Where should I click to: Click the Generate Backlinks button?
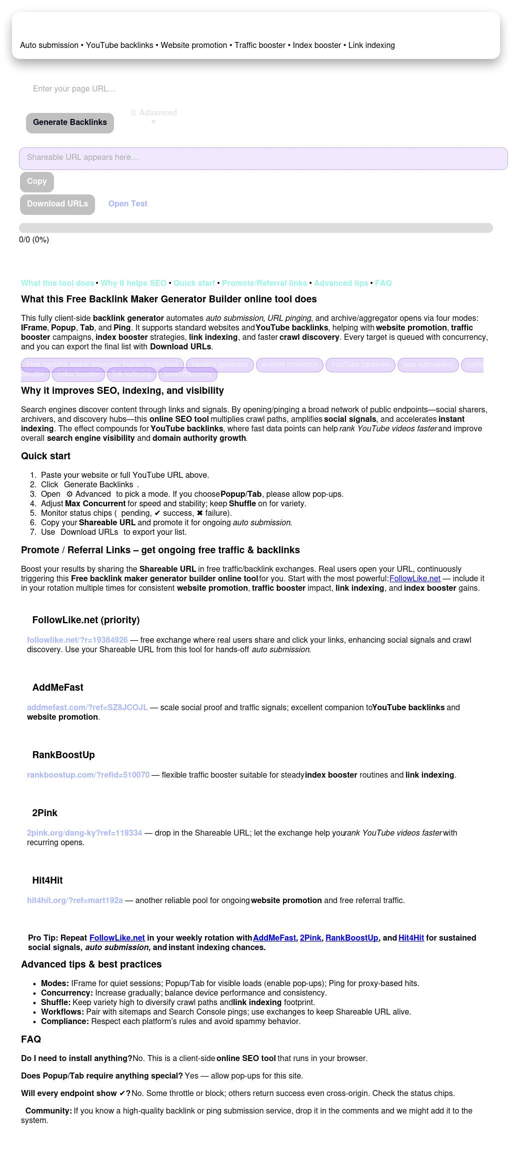pyautogui.click(x=70, y=122)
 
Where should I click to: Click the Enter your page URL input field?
pyautogui.click(x=150, y=89)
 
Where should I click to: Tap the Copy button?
pyautogui.click(x=37, y=181)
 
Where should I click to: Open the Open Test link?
pyautogui.click(x=127, y=204)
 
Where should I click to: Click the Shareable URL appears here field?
pyautogui.click(x=263, y=158)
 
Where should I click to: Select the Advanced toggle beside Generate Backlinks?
pyautogui.click(x=153, y=113)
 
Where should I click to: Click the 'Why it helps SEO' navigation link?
pyautogui.click(x=133, y=283)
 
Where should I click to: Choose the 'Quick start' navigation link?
pyautogui.click(x=194, y=283)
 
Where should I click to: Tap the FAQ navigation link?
pyautogui.click(x=383, y=283)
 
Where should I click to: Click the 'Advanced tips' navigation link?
pyautogui.click(x=341, y=283)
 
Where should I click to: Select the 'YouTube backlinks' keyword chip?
pyautogui.click(x=360, y=365)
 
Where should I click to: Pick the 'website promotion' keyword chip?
pyautogui.click(x=289, y=365)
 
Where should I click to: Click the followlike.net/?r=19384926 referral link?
pyautogui.click(x=77, y=640)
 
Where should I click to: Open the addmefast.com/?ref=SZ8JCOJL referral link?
pyautogui.click(x=87, y=708)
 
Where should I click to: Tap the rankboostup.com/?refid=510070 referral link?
pyautogui.click(x=88, y=775)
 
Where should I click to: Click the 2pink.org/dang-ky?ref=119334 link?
pyautogui.click(x=84, y=833)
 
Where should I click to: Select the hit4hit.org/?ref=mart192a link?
pyautogui.click(x=75, y=901)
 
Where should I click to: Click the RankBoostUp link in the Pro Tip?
pyautogui.click(x=351, y=938)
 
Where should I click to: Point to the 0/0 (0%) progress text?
pyautogui.click(x=34, y=240)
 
